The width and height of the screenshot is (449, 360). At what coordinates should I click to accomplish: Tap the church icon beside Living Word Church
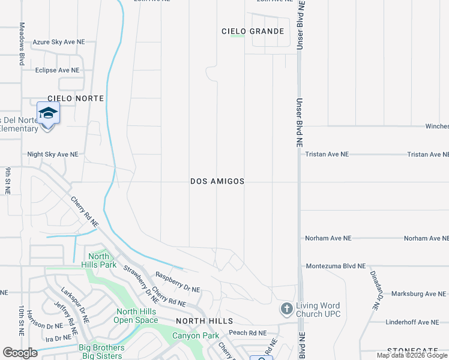pyautogui.click(x=286, y=309)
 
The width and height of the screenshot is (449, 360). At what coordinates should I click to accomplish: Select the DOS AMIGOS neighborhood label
pyautogui.click(x=217, y=181)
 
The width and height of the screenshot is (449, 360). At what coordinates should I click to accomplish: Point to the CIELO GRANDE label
pyautogui.click(x=253, y=31)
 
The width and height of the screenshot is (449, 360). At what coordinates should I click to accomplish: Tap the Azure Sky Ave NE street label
pyautogui.click(x=59, y=42)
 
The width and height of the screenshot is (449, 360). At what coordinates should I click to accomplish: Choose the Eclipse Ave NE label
pyautogui.click(x=58, y=70)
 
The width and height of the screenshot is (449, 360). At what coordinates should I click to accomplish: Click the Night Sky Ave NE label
pyautogui.click(x=53, y=154)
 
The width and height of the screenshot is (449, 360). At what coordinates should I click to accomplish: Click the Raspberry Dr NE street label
pyautogui.click(x=178, y=283)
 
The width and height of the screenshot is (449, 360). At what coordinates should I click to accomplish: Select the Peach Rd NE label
pyautogui.click(x=247, y=332)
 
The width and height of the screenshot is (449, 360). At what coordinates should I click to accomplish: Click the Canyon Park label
pyautogui.click(x=196, y=335)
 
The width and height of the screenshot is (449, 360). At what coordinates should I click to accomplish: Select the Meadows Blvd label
pyautogui.click(x=22, y=44)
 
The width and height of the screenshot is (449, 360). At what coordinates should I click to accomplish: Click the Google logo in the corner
pyautogui.click(x=20, y=352)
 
